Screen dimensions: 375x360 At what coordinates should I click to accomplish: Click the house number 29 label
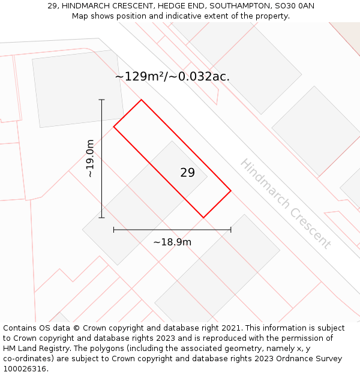[x=187, y=173]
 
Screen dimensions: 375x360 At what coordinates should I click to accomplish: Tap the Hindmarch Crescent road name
[x=285, y=203]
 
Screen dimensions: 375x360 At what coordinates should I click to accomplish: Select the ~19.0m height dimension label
[x=90, y=158]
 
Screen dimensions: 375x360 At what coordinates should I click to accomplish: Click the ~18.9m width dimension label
[x=172, y=242]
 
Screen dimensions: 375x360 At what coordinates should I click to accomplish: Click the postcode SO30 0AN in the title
[x=293, y=6]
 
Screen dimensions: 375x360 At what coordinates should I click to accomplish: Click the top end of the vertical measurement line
[x=101, y=100]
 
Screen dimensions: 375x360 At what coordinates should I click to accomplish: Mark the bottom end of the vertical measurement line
[x=101, y=218]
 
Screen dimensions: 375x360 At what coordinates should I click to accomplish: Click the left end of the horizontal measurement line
[x=114, y=229]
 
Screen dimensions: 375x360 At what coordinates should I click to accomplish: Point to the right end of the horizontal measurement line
[x=231, y=229]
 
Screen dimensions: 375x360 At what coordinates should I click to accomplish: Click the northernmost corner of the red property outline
[x=142, y=100]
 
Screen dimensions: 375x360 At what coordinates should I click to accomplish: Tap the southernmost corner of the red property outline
[x=203, y=218]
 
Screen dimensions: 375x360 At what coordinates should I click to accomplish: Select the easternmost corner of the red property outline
[x=231, y=191]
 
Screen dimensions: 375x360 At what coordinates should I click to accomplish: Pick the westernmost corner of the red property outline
[x=114, y=126]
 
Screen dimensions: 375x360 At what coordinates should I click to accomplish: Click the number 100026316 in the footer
[x=25, y=369]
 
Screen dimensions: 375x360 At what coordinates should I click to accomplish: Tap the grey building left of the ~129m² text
[x=77, y=89]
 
